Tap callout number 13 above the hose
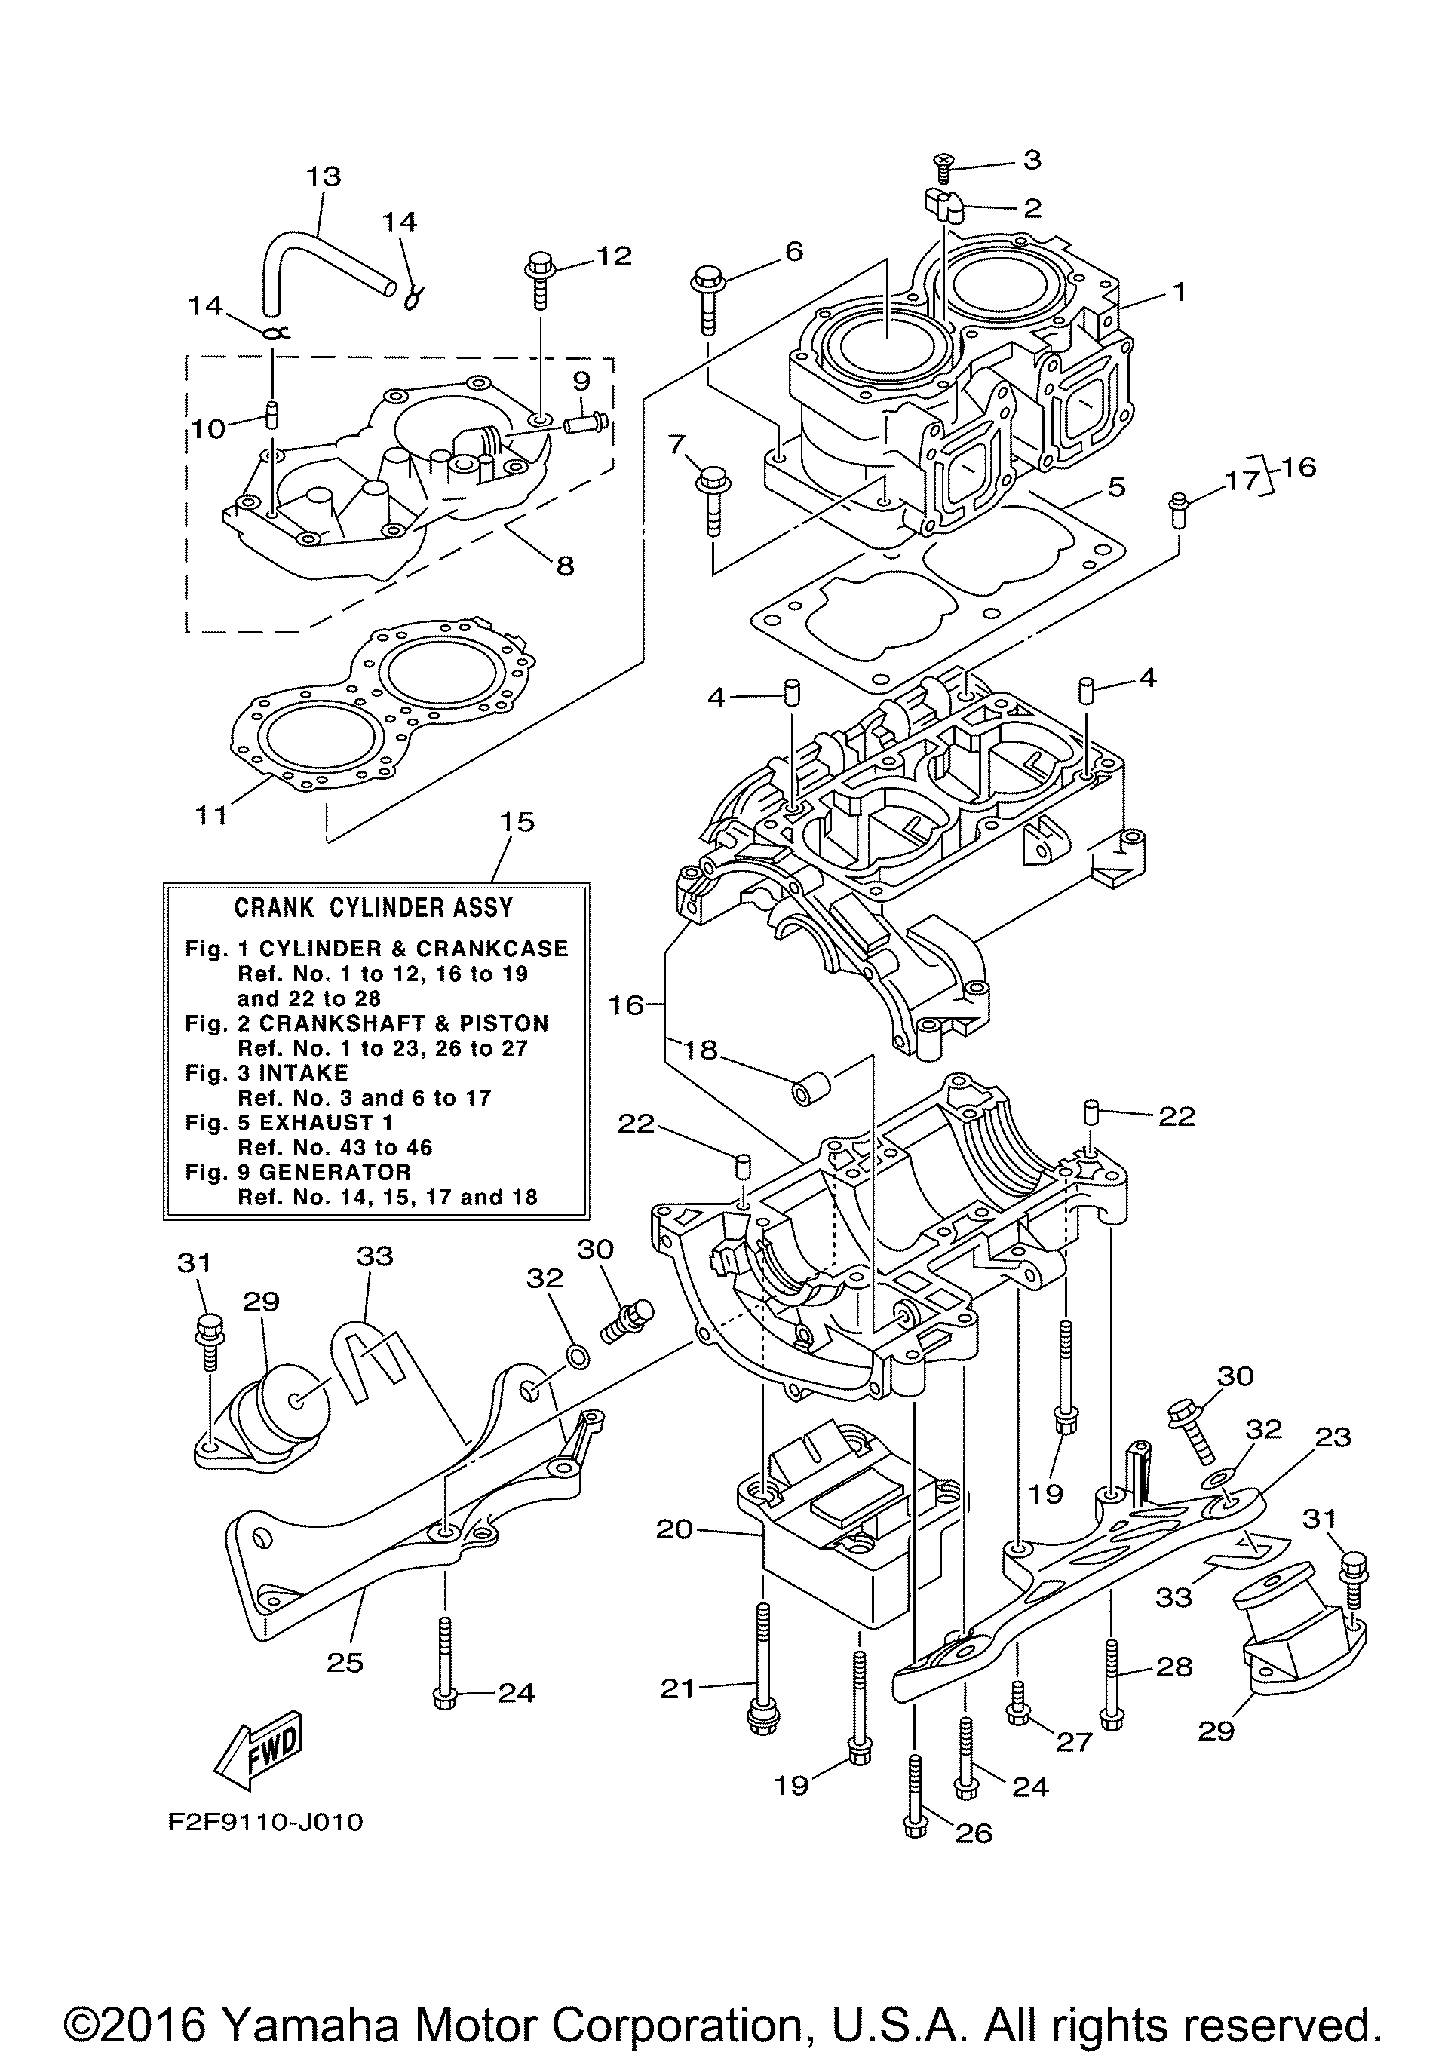[324, 176]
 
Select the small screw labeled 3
[944, 162]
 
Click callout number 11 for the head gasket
[212, 815]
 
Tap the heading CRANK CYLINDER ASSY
[373, 907]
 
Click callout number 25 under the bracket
[345, 1662]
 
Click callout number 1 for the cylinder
[1180, 291]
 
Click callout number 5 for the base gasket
[1117, 487]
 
